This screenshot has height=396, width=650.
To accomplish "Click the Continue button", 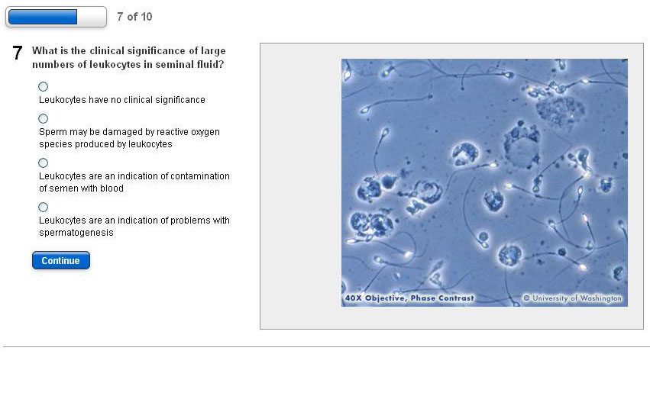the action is (x=61, y=260).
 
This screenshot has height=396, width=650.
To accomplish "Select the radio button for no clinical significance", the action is (x=43, y=86).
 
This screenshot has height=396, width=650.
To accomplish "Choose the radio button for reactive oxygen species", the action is (x=43, y=119).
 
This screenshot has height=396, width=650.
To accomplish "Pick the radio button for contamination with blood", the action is (x=43, y=163).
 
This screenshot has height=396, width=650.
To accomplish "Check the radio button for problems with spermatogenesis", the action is (x=43, y=207).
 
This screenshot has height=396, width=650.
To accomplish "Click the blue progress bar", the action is (x=43, y=17).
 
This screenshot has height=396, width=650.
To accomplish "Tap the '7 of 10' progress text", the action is (x=134, y=17).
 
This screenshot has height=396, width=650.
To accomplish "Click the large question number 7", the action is (x=17, y=53).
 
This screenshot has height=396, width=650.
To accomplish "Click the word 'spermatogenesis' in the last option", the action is (x=76, y=233).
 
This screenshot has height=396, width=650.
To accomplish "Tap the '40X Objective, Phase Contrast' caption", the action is (x=409, y=298).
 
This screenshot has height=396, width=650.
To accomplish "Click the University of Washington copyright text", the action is (x=573, y=298).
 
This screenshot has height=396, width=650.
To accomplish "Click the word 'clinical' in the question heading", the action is (x=107, y=50).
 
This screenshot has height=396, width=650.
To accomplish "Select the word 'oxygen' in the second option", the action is (x=205, y=132).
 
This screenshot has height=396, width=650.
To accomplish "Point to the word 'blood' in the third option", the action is (x=112, y=188).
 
